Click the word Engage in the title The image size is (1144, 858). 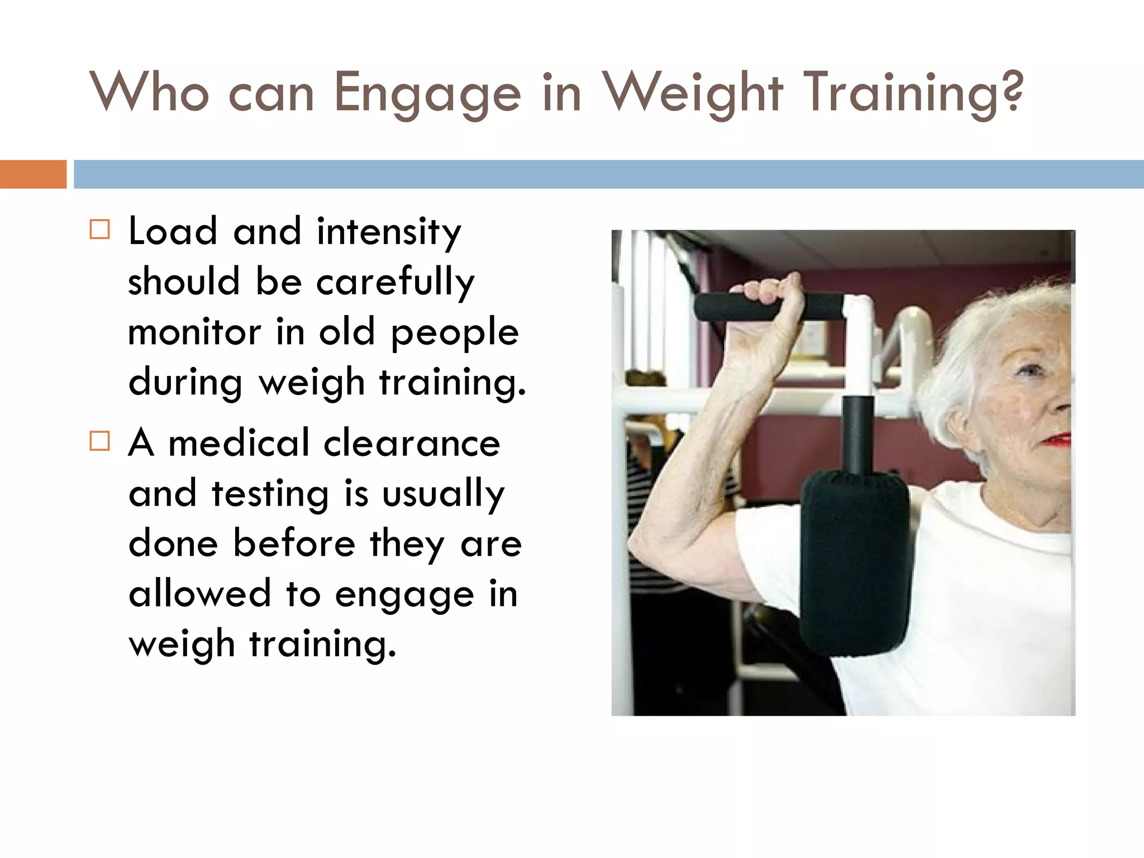427,93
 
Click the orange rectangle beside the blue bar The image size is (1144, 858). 33,174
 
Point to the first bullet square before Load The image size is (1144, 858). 100,229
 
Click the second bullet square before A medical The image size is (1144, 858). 100,441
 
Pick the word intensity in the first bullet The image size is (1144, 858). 389,232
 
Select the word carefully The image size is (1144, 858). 395,282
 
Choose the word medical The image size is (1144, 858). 239,442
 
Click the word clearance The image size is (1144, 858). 412,442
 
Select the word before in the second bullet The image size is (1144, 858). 294,543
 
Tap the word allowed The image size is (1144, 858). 199,593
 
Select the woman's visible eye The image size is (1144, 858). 1028,370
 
